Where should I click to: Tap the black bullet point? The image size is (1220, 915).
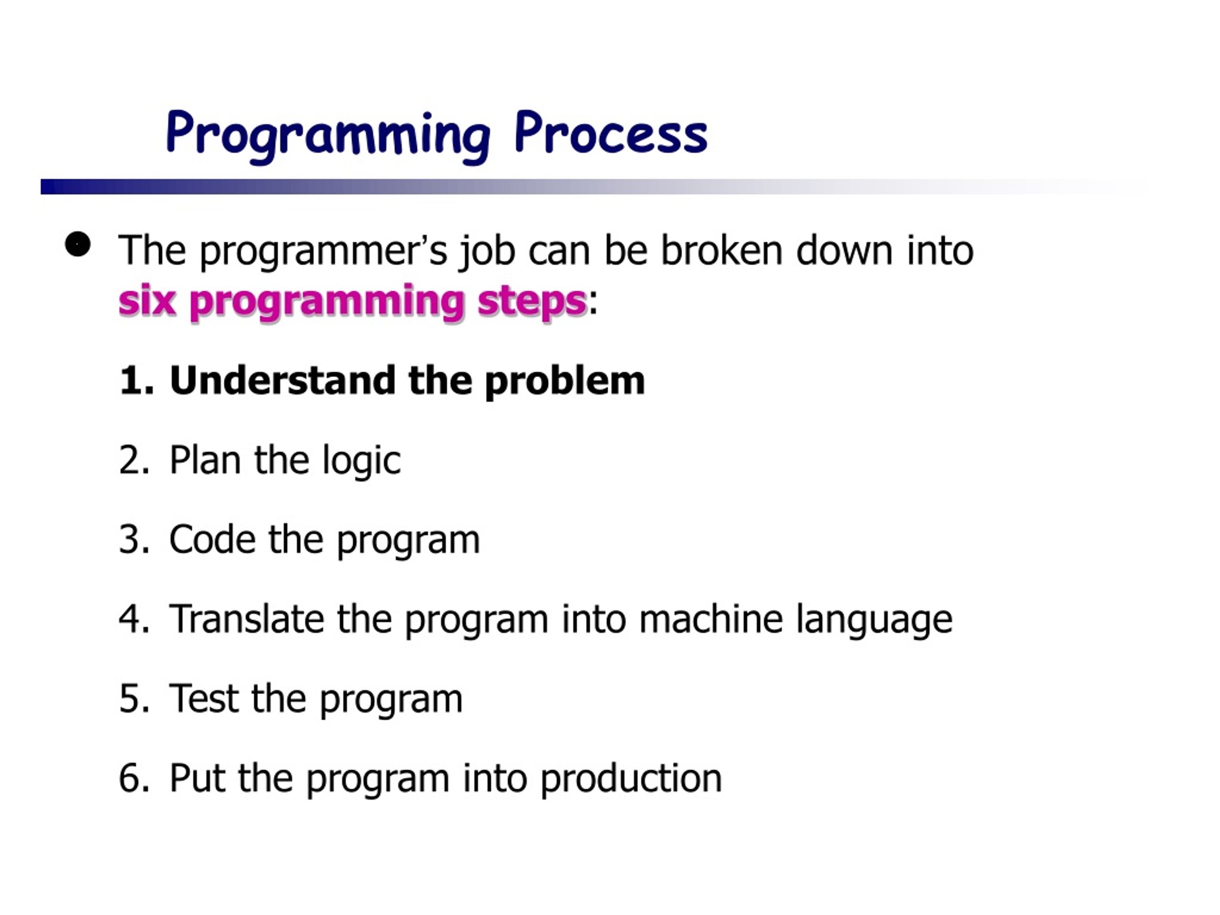78,244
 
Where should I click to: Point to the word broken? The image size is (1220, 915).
722,250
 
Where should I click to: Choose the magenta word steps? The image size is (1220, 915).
532,303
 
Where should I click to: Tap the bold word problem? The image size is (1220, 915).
564,382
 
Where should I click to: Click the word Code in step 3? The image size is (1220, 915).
213,539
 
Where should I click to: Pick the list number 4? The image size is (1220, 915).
134,619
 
